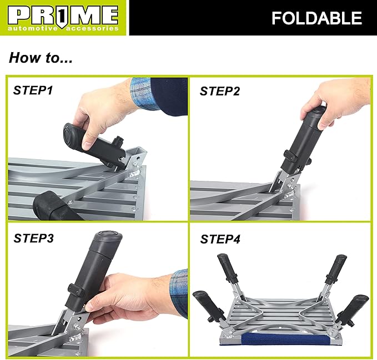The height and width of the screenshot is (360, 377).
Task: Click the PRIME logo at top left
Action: click(x=64, y=14)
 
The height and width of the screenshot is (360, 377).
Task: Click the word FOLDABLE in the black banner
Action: click(x=316, y=18)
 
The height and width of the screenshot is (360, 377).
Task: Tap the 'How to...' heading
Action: click(x=41, y=57)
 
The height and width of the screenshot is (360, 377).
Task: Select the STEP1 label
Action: click(x=33, y=90)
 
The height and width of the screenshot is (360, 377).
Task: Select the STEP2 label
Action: click(x=220, y=92)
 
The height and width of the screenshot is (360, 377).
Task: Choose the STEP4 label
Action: click(x=220, y=239)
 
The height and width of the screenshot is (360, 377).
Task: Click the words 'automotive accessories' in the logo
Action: click(x=64, y=27)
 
